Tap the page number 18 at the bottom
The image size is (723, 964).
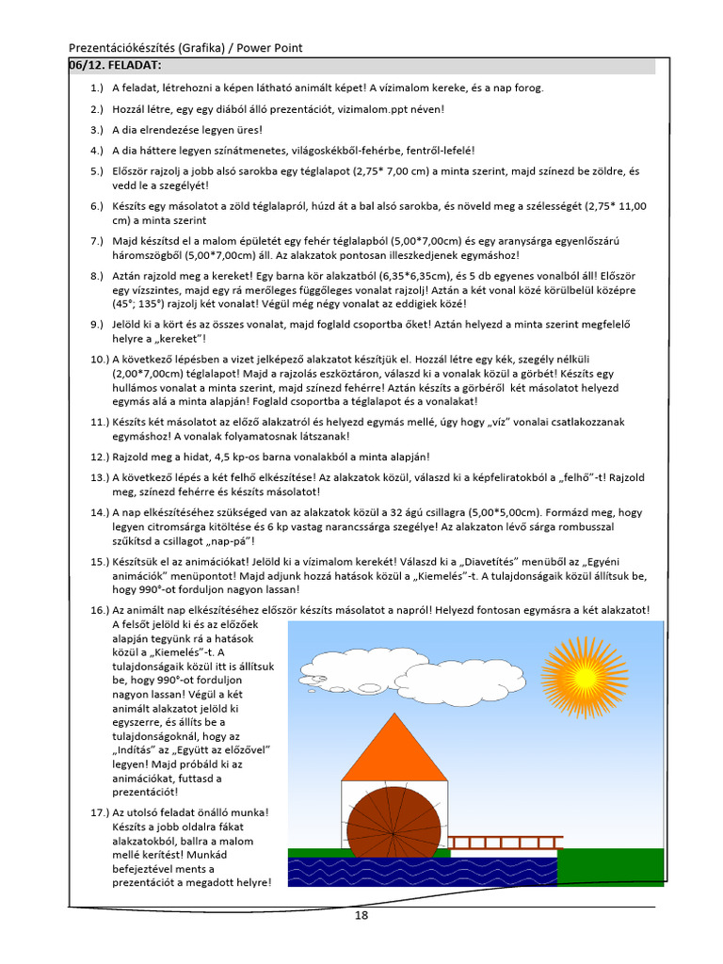tap(361, 915)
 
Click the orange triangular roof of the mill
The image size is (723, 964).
tap(394, 749)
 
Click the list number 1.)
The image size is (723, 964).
tap(97, 88)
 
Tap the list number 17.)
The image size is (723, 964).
tap(99, 811)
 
